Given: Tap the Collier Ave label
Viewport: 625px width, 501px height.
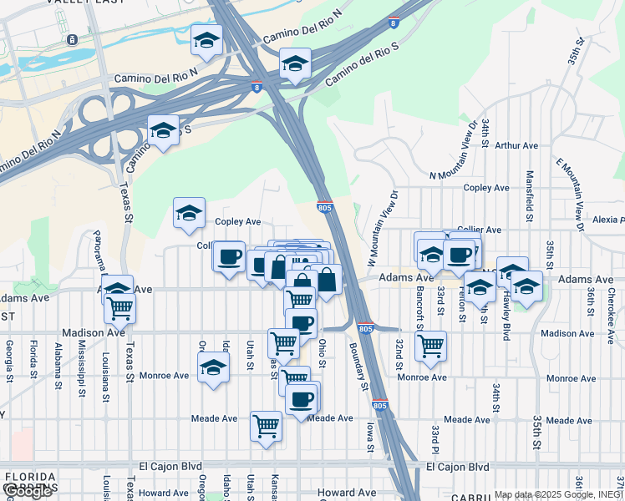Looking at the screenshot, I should coord(480,230).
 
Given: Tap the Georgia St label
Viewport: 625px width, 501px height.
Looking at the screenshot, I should coord(9,357).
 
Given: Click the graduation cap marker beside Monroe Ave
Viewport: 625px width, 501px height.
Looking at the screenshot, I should coord(213,367).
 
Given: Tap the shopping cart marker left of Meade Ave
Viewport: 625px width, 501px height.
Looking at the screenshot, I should coord(266,425).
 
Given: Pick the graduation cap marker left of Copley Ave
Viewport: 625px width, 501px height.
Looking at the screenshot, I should coord(190,213).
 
